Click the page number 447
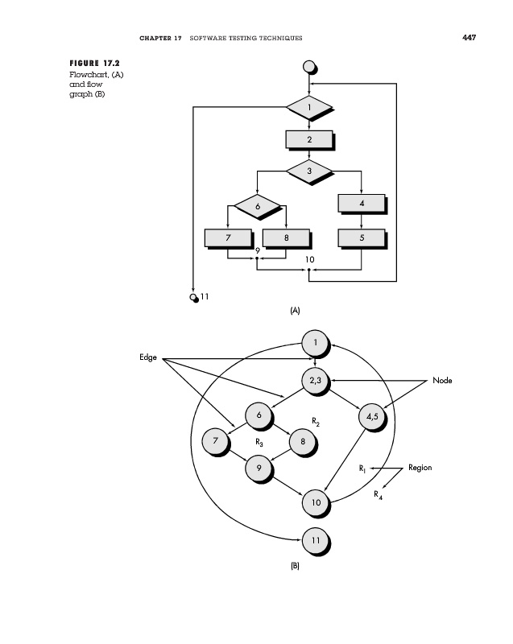(x=470, y=37)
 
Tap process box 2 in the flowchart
(x=308, y=139)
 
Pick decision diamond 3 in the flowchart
(x=308, y=171)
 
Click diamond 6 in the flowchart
(x=258, y=205)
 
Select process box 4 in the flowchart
(x=361, y=204)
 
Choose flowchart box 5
(x=361, y=237)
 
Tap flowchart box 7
(x=228, y=237)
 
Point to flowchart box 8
(x=286, y=237)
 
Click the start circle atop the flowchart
(x=308, y=67)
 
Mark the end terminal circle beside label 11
(x=193, y=297)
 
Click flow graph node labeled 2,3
(x=314, y=381)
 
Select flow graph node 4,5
(x=370, y=417)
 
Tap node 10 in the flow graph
(x=315, y=502)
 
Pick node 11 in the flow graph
(x=315, y=539)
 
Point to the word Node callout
(x=442, y=380)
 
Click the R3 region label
(x=259, y=442)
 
